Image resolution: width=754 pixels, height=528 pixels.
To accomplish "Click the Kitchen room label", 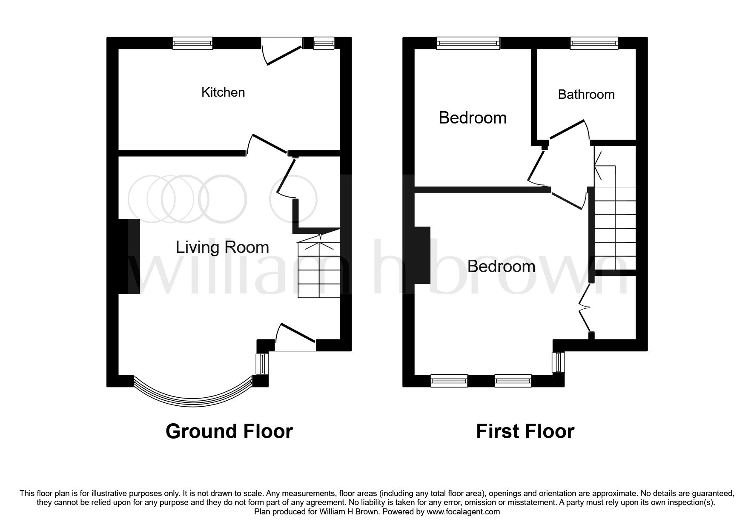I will tap(223, 92).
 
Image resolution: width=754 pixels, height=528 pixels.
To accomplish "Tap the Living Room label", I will tap(222, 247).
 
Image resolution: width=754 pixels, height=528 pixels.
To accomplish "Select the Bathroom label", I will tap(586, 94).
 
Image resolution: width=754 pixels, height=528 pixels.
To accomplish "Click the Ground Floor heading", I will tap(229, 431).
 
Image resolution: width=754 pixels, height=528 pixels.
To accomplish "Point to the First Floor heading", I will tap(525, 431).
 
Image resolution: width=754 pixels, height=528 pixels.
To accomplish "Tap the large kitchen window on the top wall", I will tap(192, 43).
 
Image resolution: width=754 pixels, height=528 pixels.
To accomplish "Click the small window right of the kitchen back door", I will tap(324, 43).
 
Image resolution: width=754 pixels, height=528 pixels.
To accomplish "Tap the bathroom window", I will tap(594, 43).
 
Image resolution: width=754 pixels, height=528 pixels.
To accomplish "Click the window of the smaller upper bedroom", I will tap(468, 43).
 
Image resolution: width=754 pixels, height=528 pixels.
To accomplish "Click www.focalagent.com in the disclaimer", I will tap(463, 512).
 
